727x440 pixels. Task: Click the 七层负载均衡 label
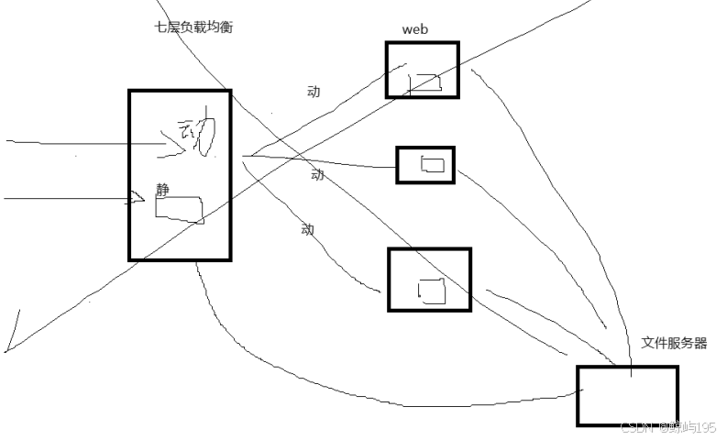pyautogui.click(x=193, y=27)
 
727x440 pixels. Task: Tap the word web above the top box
pyautogui.click(x=415, y=29)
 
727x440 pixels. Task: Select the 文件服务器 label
pyautogui.click(x=674, y=343)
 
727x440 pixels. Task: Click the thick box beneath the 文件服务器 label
pyautogui.click(x=627, y=396)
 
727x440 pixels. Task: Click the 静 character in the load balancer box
pyautogui.click(x=162, y=190)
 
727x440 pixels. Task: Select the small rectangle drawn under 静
pyautogui.click(x=179, y=209)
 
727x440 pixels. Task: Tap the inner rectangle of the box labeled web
pyautogui.click(x=424, y=82)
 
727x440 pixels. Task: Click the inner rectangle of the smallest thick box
pyautogui.click(x=432, y=165)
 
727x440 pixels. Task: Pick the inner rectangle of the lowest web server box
pyautogui.click(x=432, y=290)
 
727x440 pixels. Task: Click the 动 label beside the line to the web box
pyautogui.click(x=314, y=91)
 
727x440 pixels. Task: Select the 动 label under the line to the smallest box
pyautogui.click(x=317, y=174)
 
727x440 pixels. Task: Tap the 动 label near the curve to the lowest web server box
pyautogui.click(x=307, y=229)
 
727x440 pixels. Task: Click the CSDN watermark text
pyautogui.click(x=667, y=428)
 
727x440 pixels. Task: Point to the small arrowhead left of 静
pyautogui.click(x=138, y=198)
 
